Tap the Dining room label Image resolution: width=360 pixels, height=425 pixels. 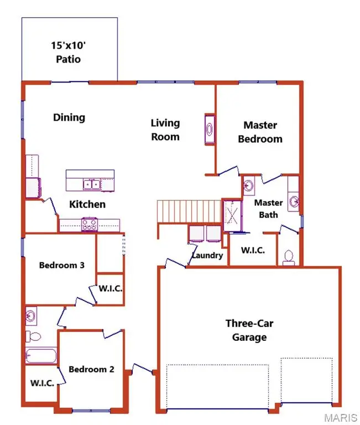tap(69, 117)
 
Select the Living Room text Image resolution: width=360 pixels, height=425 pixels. tap(165, 129)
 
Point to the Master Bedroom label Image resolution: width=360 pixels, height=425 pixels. tap(260, 132)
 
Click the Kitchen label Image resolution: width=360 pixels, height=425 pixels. tap(87, 204)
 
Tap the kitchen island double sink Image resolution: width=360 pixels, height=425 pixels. tap(91, 184)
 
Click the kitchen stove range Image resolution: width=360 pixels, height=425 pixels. tap(90, 224)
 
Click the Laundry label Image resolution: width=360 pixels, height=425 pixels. tap(207, 255)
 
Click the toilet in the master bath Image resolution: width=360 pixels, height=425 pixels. tap(288, 256)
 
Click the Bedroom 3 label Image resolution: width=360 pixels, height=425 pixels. tap(61, 265)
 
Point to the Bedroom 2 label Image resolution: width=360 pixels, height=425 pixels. tap(91, 369)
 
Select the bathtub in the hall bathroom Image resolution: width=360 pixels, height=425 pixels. tap(41, 356)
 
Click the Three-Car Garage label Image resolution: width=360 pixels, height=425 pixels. tap(246, 330)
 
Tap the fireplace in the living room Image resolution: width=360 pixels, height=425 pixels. tap(210, 129)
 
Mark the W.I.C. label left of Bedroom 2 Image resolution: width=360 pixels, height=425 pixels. tap(42, 383)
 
